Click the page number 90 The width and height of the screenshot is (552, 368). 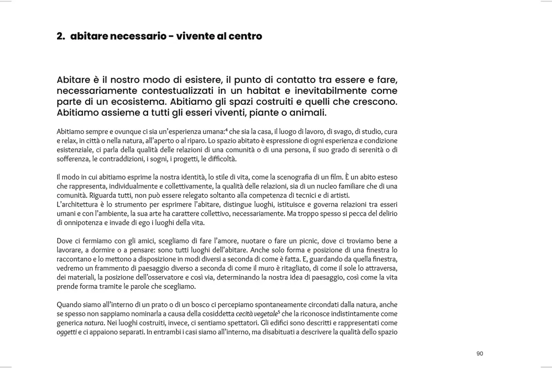tap(480, 354)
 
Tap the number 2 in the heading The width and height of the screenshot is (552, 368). tap(59, 36)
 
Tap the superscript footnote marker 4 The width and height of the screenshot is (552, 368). tap(224, 129)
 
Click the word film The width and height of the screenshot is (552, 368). tap(329, 177)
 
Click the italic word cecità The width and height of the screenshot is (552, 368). tap(240, 314)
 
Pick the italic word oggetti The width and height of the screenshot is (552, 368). tap(66, 332)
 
